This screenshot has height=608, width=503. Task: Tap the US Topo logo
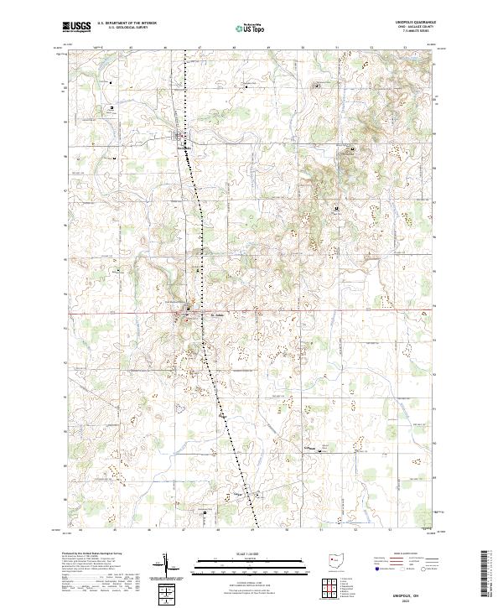click(251, 28)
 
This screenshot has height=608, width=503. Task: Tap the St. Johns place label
click(216, 315)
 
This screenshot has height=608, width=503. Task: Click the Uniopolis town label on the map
click(184, 148)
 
